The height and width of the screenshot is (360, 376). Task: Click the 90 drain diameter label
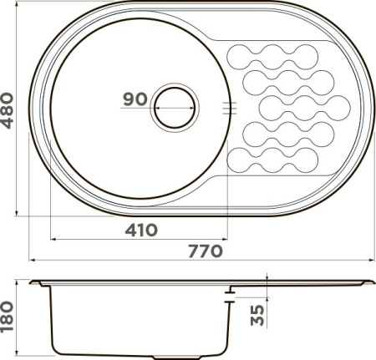pyautogui.click(x=134, y=99)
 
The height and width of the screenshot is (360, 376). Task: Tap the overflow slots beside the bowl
pyautogui.click(x=231, y=106)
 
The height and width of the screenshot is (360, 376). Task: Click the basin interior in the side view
pyautogui.click(x=138, y=322)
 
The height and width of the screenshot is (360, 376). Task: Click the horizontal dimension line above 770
pyautogui.click(x=201, y=260)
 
